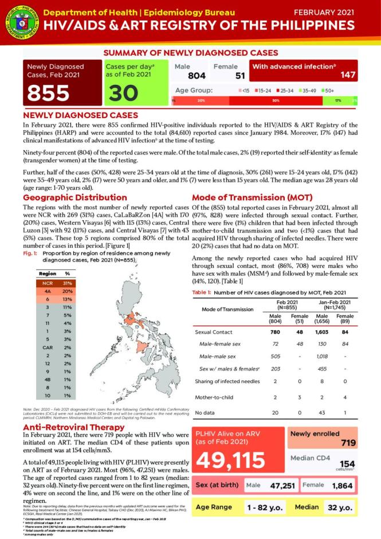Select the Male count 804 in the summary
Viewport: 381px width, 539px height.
point(188,76)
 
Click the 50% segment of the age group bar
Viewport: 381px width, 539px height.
point(276,100)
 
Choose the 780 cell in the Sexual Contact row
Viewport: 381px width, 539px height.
point(275,331)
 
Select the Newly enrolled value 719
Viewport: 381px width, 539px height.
point(348,443)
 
